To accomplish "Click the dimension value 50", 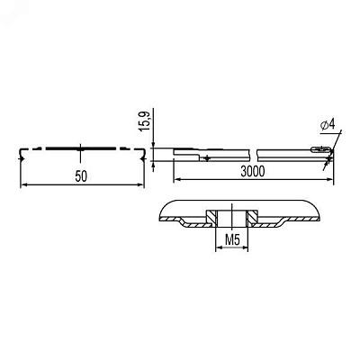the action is (81, 176).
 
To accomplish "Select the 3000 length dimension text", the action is (253, 172).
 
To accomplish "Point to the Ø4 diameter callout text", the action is (328, 125).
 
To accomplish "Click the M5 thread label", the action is (232, 240).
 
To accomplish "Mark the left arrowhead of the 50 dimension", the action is (23, 184).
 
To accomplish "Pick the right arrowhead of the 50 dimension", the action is (141, 184).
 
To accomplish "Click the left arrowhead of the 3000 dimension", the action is (177, 179).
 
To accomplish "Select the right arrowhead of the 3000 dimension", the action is (330, 179).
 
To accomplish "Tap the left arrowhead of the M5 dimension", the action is (219, 247).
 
